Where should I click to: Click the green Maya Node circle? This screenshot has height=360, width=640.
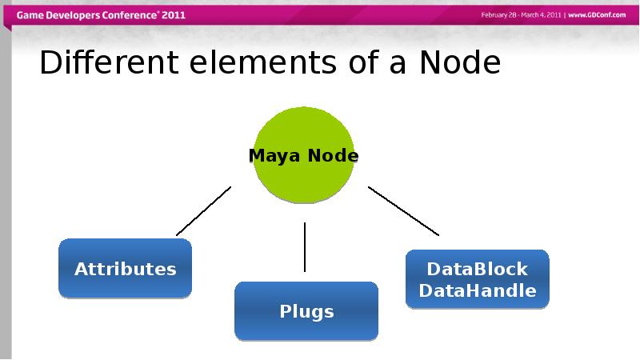pos(304,154)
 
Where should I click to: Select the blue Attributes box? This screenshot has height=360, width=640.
pos(126,268)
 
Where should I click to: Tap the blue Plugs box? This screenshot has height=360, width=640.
pos(306,311)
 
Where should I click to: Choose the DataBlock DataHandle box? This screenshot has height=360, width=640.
pos(478,279)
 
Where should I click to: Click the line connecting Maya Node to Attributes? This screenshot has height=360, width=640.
pos(204,211)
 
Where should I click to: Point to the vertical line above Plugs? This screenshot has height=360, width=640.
pos(305,247)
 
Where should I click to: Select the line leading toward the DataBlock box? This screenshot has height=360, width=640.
pos(404,211)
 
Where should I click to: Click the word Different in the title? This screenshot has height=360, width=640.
pos(109,62)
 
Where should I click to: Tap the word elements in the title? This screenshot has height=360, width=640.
pos(263,62)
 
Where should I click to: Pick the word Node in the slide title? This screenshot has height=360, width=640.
pos(460,62)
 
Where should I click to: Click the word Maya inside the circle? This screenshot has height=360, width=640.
pos(274,156)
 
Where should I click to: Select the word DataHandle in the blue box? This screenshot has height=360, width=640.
pos(478,290)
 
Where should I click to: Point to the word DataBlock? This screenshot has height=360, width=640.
pos(478,269)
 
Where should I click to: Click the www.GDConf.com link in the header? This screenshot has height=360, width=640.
pos(597,15)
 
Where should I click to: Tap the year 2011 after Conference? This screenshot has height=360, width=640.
pos(174,15)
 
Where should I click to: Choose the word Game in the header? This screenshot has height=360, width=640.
pos(30,15)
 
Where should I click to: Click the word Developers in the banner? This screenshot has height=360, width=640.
pos(73,16)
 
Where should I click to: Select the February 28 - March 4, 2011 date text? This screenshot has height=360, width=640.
pos(522,15)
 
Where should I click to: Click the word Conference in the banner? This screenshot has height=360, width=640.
pos(130,15)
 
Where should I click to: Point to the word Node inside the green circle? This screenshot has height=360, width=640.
pos(333,155)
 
